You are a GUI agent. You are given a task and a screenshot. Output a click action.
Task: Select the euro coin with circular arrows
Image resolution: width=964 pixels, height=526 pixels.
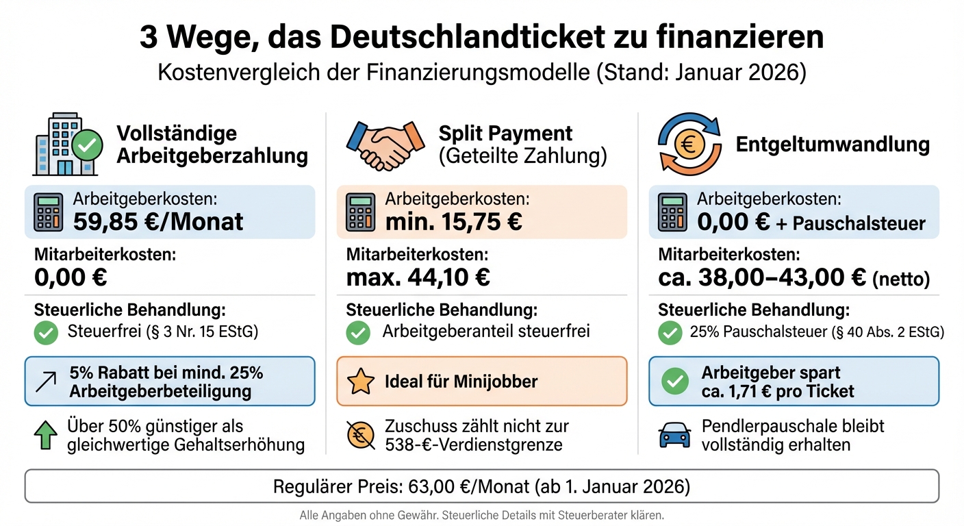click(x=688, y=145)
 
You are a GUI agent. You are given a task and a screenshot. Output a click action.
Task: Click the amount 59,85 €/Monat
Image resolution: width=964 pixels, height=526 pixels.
click(x=159, y=221)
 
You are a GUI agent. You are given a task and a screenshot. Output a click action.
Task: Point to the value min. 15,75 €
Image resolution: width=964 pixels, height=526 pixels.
click(x=453, y=221)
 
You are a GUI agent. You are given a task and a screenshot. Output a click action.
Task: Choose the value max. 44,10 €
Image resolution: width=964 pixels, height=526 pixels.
click(x=418, y=277)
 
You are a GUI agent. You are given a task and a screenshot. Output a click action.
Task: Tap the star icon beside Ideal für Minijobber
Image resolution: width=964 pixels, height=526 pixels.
click(x=361, y=381)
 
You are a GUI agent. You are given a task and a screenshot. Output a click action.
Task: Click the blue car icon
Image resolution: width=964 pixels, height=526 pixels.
click(x=674, y=436)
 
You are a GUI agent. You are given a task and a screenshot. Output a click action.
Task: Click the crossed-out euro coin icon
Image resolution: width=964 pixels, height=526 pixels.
click(x=361, y=436)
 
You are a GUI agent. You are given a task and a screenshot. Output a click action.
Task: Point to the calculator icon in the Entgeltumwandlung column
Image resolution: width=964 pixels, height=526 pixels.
click(x=673, y=213)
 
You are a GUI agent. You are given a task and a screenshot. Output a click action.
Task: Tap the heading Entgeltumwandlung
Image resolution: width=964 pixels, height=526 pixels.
click(x=833, y=145)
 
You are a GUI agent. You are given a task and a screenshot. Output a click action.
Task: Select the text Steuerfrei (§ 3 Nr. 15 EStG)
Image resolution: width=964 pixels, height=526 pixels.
click(x=164, y=333)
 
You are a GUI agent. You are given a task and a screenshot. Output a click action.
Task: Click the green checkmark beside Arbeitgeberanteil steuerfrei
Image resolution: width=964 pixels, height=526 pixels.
click(x=359, y=333)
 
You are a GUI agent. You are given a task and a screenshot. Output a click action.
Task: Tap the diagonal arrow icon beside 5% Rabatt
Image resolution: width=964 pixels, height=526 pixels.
click(x=46, y=381)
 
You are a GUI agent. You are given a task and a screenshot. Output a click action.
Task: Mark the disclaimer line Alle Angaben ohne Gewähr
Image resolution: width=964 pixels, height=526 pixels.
click(x=481, y=515)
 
